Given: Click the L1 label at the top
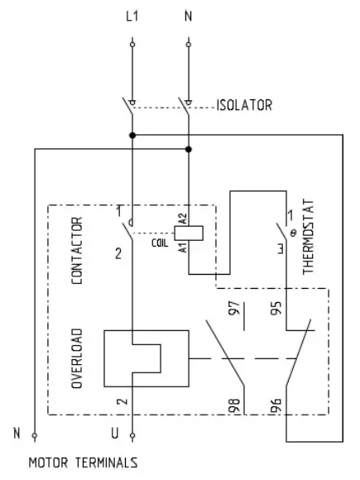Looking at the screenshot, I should click(x=132, y=16).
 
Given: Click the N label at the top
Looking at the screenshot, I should click(x=188, y=16).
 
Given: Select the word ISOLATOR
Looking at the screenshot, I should click(x=244, y=105).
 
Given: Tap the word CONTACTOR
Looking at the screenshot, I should click(x=76, y=251).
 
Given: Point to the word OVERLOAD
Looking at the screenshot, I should click(x=76, y=358).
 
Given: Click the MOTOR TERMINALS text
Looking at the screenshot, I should click(x=83, y=463).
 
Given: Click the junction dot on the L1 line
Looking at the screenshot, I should click(x=132, y=133).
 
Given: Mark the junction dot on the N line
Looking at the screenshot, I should click(x=189, y=149).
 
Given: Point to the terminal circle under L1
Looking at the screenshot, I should click(x=132, y=41).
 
